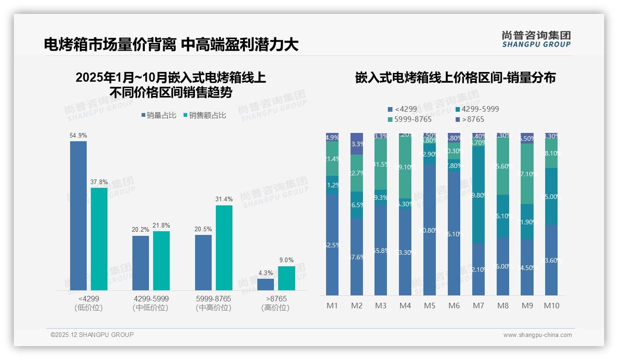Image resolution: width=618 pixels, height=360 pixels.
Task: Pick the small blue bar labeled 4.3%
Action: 266,284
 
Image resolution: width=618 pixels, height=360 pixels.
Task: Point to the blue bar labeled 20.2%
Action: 141,263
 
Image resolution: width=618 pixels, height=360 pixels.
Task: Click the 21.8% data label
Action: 161,226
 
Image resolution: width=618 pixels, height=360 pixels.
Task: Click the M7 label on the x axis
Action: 479,306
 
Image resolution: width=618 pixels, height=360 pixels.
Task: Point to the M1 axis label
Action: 332,306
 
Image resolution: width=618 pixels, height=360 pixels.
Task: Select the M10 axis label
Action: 552,306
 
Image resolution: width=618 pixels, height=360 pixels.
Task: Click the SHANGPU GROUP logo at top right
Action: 536,39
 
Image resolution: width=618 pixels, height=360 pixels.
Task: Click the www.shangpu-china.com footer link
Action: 537,335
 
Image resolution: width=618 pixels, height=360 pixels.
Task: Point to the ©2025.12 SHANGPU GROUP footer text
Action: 92,335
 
